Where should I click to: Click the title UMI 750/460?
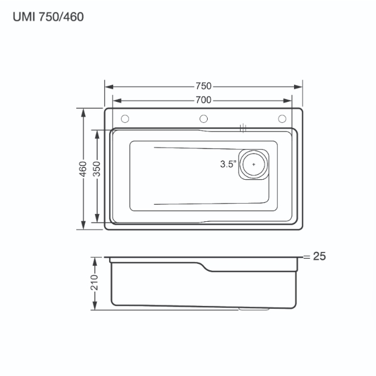48,17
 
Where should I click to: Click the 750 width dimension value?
204,86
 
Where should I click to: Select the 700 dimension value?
204,100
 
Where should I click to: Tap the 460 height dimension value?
82,169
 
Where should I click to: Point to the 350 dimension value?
97,169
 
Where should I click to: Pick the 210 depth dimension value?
94,283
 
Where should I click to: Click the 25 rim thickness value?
320,257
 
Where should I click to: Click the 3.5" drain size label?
228,164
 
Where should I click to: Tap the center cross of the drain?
254,164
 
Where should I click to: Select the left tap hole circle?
125,119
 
